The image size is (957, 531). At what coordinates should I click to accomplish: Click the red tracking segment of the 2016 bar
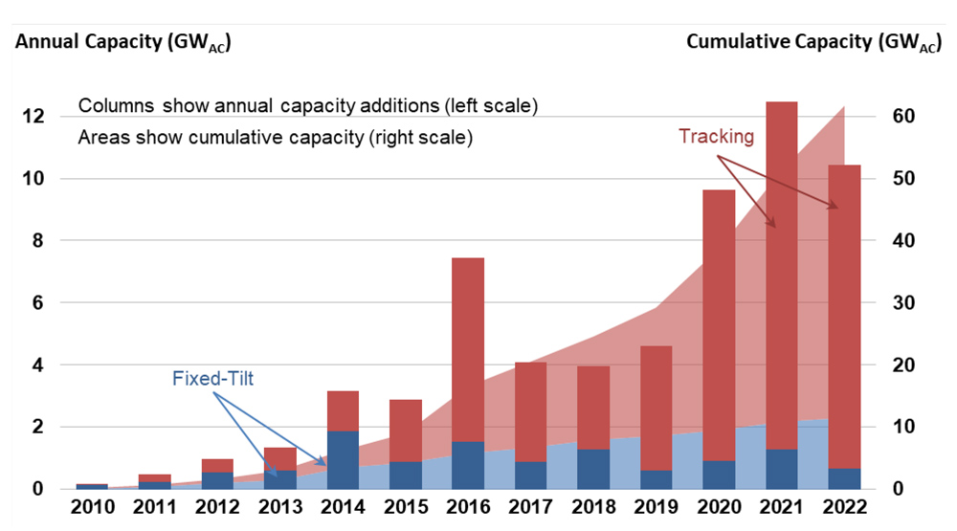click(x=467, y=349)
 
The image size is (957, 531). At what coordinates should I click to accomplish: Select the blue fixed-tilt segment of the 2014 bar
click(x=343, y=459)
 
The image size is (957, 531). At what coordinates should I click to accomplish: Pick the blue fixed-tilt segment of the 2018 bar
click(x=592, y=469)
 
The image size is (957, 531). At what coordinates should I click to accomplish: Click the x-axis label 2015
click(x=405, y=507)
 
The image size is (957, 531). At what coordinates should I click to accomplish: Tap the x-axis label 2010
click(x=93, y=507)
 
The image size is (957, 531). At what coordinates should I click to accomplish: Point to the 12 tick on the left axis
click(x=32, y=117)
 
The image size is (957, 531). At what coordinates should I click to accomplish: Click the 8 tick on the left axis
click(x=36, y=241)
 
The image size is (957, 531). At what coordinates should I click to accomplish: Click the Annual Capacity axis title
click(x=122, y=42)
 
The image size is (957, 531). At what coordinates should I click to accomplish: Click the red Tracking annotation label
click(x=716, y=136)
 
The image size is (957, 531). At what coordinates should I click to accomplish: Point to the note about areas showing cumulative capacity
click(x=276, y=137)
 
